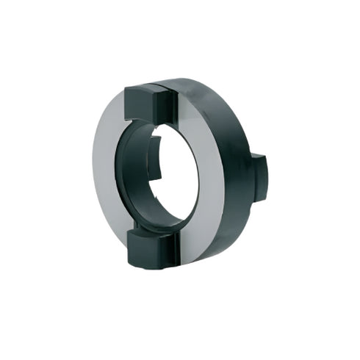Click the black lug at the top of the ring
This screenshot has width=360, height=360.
150,103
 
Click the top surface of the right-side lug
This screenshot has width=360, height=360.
257,156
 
